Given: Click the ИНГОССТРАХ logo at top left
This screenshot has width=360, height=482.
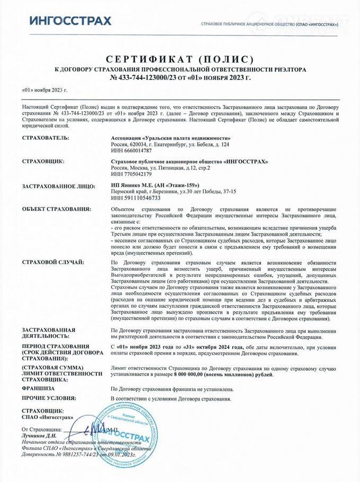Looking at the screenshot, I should (x=70, y=21).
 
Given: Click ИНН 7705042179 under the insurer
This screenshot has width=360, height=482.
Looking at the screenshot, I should (x=130, y=174).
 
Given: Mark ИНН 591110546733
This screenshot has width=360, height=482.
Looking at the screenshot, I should (x=133, y=198).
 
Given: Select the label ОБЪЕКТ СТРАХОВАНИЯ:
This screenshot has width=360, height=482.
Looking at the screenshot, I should (x=57, y=209).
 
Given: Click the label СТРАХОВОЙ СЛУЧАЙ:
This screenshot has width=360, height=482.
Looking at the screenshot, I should (x=52, y=262).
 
